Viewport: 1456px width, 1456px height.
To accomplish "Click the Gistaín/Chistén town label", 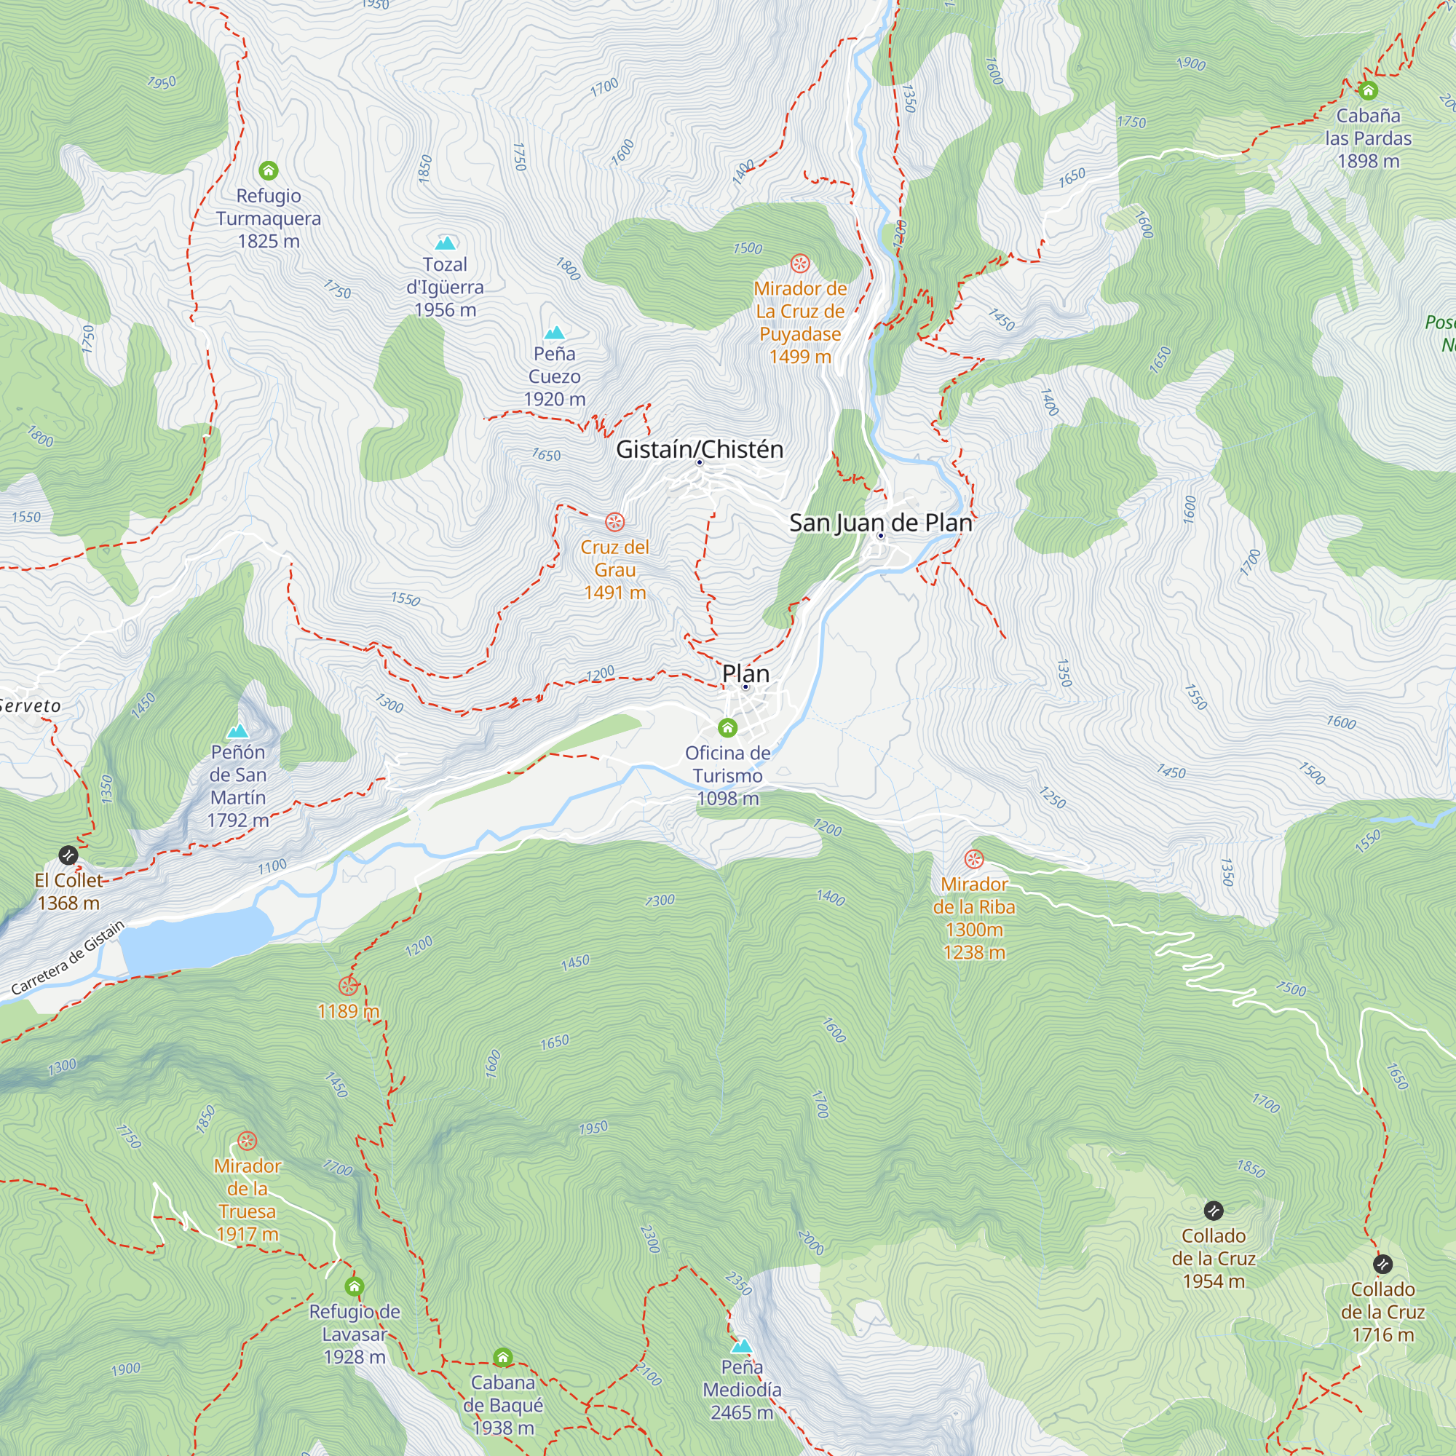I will point(700,449).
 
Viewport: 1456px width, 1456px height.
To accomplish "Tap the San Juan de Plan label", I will point(880,522).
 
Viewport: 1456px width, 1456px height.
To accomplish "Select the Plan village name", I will point(745,673).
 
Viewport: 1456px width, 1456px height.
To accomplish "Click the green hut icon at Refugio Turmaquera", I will point(269,170).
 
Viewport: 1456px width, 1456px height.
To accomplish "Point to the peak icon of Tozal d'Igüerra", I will point(446,242).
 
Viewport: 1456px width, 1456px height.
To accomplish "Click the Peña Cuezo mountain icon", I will point(555,333).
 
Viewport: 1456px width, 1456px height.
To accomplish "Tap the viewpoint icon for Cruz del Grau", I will point(615,521).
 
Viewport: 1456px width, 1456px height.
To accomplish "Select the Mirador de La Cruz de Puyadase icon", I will point(799,264).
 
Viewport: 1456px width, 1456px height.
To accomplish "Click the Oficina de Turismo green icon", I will point(727,727).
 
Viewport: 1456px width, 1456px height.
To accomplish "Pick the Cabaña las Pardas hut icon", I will point(1368,90).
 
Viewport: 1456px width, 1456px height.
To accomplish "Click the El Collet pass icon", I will point(68,855).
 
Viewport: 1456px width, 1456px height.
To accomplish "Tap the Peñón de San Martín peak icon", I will point(238,730).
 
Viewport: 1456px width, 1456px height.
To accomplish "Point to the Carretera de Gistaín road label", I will point(68,958).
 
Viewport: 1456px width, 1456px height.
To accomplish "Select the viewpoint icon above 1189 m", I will point(348,986).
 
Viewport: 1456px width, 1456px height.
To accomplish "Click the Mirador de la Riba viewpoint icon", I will point(973,859).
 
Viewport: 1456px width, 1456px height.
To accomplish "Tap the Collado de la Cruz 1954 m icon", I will point(1214,1211).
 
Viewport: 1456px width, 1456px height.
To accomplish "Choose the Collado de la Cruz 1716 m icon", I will point(1382,1264).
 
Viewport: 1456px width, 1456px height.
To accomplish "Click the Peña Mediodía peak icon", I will point(742,1346).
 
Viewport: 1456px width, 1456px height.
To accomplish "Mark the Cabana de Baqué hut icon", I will point(502,1357).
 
